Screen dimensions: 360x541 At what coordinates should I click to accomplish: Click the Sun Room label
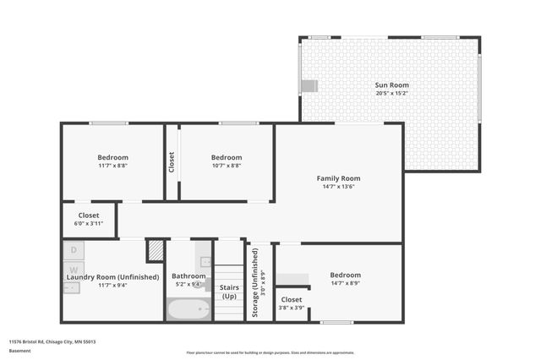(x=391, y=85)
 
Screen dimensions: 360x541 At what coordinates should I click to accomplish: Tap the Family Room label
(x=338, y=178)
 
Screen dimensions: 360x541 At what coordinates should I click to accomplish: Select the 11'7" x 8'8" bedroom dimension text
(x=112, y=166)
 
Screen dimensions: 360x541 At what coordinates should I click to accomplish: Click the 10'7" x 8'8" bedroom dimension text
(x=226, y=166)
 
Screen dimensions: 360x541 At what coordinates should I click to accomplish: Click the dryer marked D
(x=74, y=250)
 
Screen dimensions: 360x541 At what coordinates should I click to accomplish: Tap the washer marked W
(x=74, y=270)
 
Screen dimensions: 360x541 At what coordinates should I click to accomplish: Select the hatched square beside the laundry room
(x=156, y=251)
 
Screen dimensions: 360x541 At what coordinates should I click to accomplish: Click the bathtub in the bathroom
(x=189, y=310)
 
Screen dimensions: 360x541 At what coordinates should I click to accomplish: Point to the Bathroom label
(x=189, y=275)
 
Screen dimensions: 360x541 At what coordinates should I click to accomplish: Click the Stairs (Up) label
(x=229, y=292)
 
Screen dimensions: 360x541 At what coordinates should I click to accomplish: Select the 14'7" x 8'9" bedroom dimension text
(x=345, y=283)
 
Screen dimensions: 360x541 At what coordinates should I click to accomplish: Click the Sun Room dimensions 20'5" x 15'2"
(x=391, y=94)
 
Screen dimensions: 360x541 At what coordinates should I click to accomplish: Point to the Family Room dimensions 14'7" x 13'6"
(x=338, y=187)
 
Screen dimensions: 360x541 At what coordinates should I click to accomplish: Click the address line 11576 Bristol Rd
(x=52, y=341)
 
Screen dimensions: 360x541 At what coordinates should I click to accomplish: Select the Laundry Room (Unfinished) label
(x=112, y=276)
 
